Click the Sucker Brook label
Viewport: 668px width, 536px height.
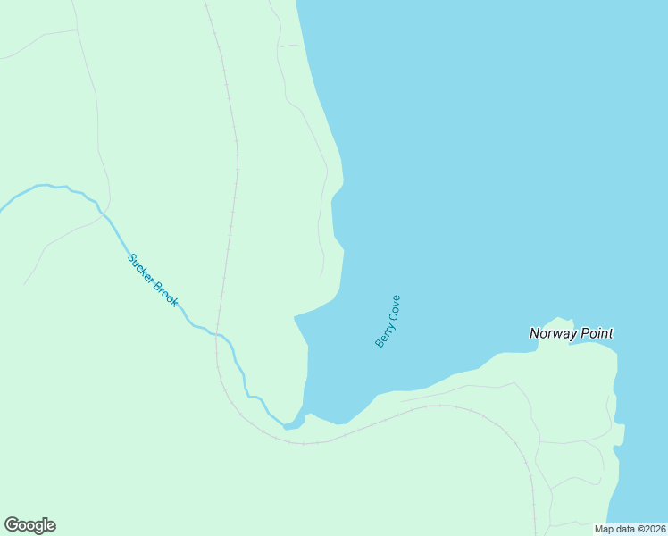point(153,281)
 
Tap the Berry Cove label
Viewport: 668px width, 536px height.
point(388,321)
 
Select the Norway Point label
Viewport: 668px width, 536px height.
point(571,333)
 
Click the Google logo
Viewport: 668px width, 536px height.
point(29,525)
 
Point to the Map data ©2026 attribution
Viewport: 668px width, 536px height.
point(630,529)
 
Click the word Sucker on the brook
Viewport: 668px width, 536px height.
point(142,269)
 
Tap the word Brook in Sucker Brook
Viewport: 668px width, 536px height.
point(166,294)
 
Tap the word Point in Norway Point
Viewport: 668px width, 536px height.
point(596,333)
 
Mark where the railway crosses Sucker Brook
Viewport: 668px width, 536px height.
point(217,335)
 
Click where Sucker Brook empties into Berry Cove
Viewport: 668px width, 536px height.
point(288,426)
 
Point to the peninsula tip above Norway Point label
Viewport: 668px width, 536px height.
point(562,319)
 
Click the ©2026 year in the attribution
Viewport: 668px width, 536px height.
point(651,529)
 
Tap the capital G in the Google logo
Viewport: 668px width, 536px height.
point(12,525)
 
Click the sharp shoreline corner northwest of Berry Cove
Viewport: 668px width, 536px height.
point(295,316)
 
